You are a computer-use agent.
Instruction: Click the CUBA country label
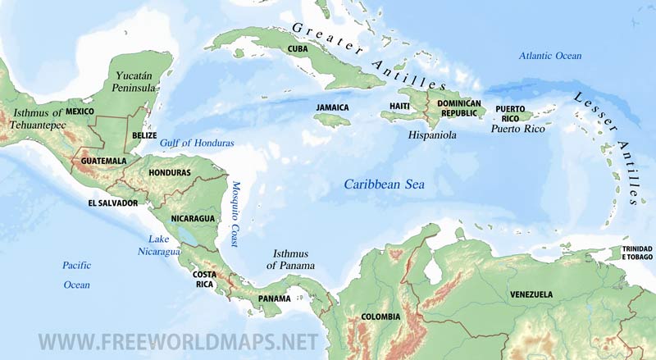click(297, 50)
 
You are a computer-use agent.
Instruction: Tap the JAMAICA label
click(332, 107)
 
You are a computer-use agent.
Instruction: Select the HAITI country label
click(399, 107)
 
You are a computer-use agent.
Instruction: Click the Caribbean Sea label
click(384, 185)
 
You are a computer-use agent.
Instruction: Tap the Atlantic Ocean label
click(549, 56)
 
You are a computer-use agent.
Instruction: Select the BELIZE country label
click(144, 135)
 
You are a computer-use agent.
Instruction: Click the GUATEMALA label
click(104, 161)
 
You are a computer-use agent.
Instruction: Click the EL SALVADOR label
click(113, 203)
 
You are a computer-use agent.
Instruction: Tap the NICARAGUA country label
click(193, 218)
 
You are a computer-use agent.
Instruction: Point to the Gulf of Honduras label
click(197, 143)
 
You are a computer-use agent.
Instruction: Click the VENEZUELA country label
click(531, 294)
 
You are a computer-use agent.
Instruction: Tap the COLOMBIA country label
click(380, 317)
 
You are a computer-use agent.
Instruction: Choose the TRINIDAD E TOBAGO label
click(636, 253)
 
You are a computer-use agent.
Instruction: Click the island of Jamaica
click(331, 120)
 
